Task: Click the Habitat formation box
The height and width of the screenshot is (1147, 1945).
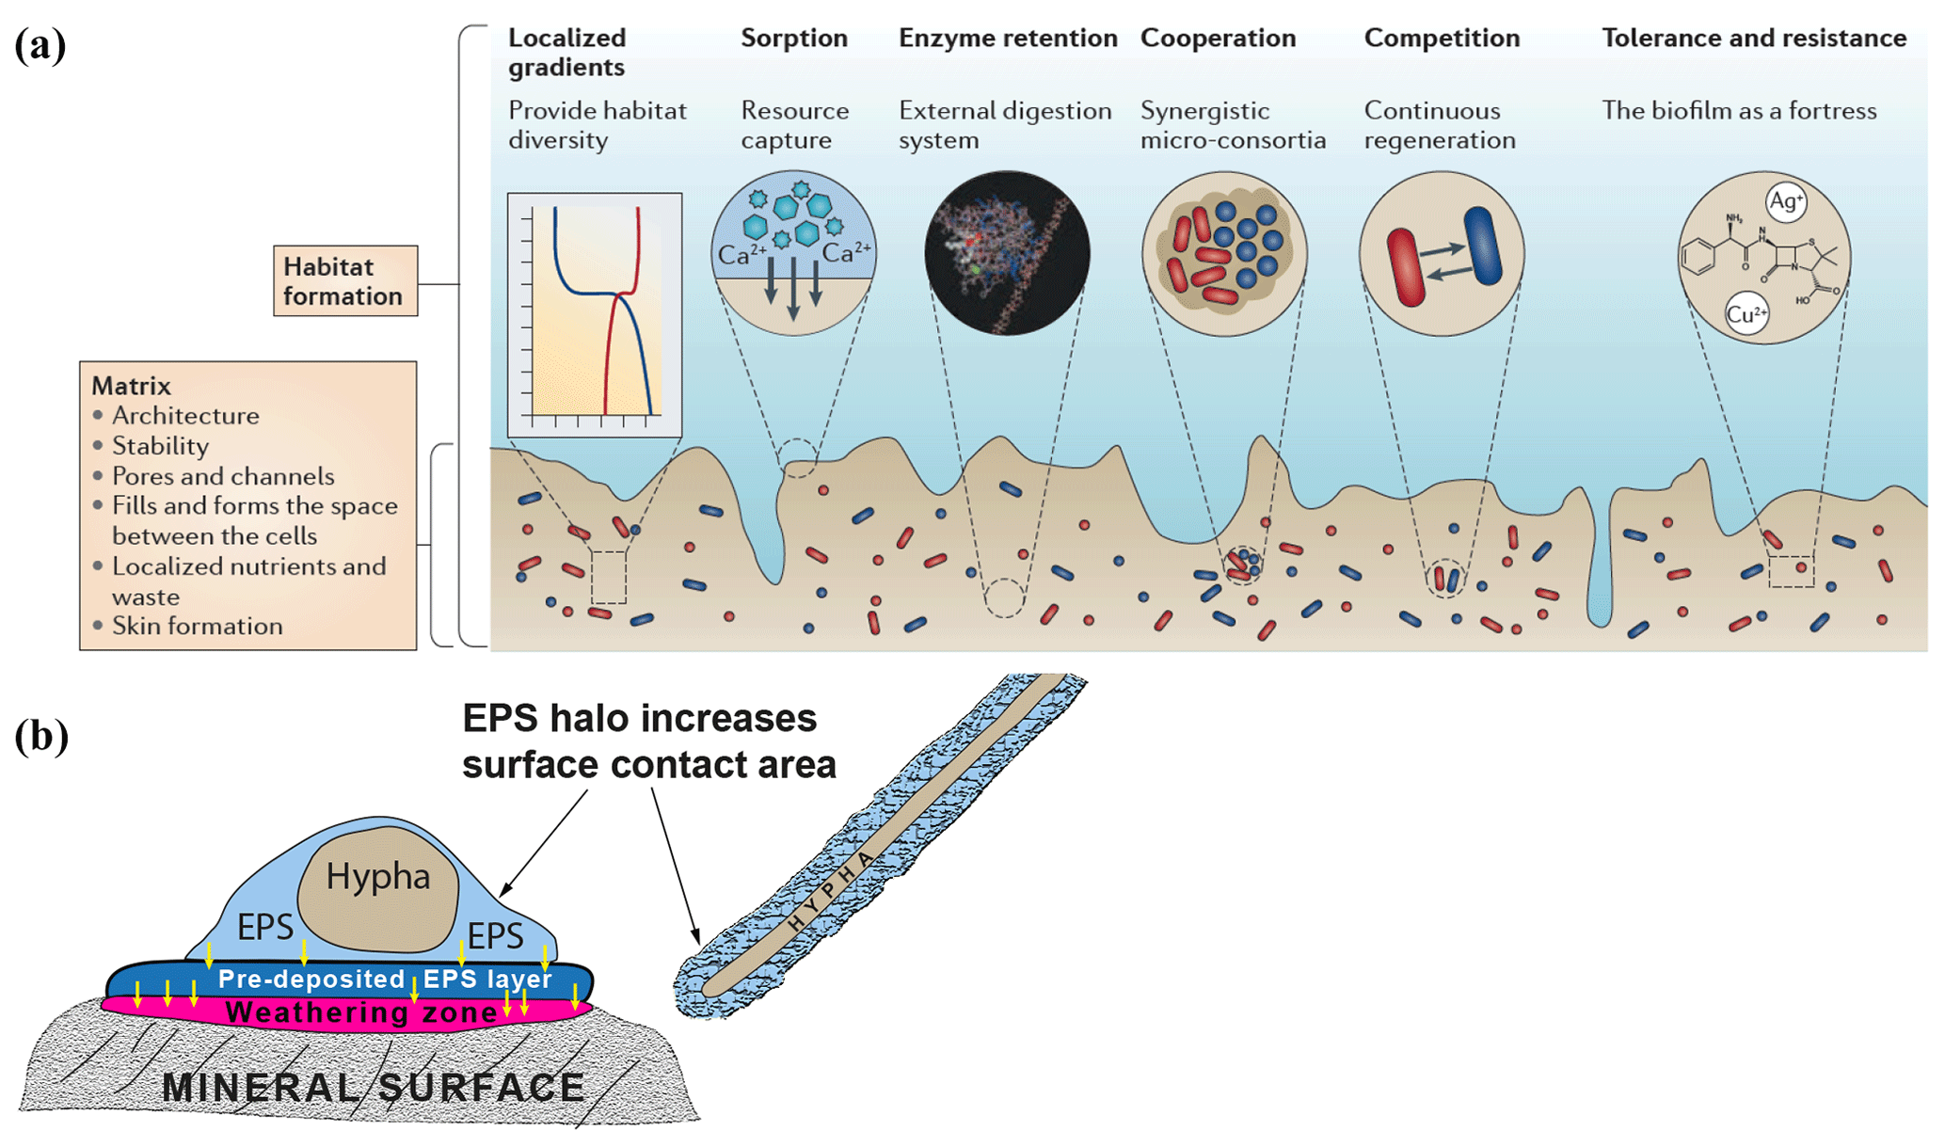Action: [344, 281]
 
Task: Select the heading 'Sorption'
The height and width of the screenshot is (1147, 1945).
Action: [793, 39]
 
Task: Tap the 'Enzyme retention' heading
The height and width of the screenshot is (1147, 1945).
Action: [1007, 39]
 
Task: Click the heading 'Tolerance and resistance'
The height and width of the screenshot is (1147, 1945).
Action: [1753, 39]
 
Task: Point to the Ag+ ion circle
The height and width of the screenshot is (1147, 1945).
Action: [1785, 201]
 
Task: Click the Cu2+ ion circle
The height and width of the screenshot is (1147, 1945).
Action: [1746, 314]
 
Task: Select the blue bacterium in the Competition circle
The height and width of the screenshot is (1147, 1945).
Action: [1483, 246]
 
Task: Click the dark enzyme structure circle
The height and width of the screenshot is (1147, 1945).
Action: [1007, 252]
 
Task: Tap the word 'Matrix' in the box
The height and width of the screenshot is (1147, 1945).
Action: [131, 386]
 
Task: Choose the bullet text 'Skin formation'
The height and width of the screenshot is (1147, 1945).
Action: [197, 626]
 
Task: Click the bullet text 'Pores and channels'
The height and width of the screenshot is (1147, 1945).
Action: [222, 476]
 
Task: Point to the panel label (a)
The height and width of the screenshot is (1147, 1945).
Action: [40, 44]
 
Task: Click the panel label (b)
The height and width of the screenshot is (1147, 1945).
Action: [40, 736]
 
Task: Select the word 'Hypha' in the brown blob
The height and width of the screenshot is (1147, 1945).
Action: [377, 876]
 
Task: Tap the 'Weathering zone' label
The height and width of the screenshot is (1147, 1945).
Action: [361, 1012]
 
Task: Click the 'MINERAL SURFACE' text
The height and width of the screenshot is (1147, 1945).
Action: [374, 1088]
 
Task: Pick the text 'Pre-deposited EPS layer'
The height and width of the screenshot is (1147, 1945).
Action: [384, 979]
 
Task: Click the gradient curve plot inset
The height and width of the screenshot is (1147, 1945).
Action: [595, 314]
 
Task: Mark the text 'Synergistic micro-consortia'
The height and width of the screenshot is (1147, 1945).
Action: [1232, 125]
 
